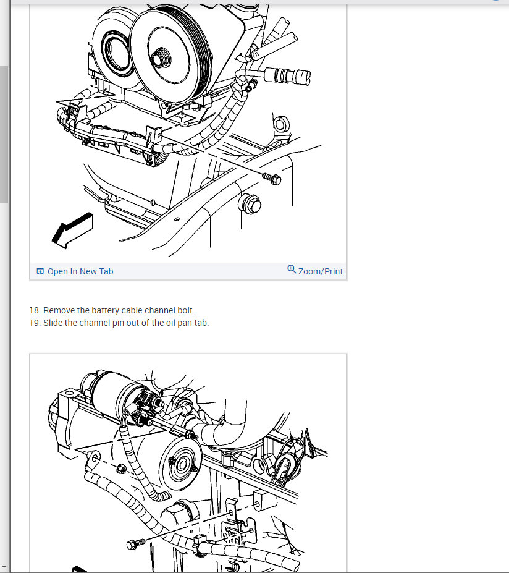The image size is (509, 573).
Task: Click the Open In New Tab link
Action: tap(80, 271)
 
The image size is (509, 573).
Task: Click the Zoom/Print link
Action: tap(320, 271)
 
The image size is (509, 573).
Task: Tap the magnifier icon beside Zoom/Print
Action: tap(292, 270)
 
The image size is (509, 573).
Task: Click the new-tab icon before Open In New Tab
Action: tap(40, 271)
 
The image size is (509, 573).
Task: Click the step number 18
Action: tap(35, 310)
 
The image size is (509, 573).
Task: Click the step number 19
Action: tap(35, 323)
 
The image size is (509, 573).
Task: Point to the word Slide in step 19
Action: tap(53, 323)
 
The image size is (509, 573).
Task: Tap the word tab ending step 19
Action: tap(201, 323)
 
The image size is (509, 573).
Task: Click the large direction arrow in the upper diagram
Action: tap(73, 231)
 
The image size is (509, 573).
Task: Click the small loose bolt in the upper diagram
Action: tap(272, 179)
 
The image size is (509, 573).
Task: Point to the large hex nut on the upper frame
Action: tap(250, 204)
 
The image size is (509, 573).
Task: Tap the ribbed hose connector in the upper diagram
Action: tap(288, 75)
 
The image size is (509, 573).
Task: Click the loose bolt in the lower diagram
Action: tap(135, 544)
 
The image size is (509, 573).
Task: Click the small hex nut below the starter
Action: tap(121, 468)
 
